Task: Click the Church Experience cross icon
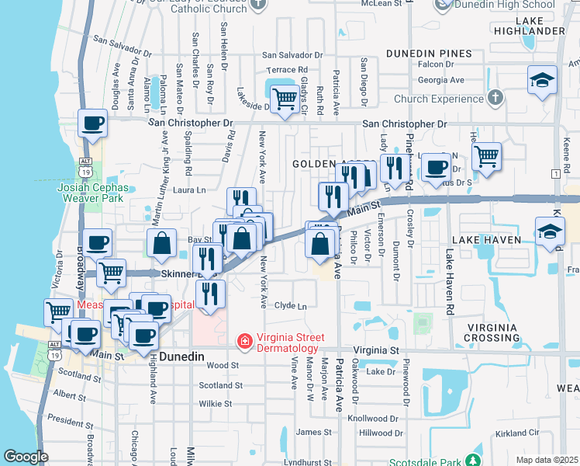click(495, 98)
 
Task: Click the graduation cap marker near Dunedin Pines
click(541, 80)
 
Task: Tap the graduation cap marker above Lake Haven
click(549, 231)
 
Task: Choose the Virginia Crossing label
click(502, 332)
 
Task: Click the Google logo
click(26, 456)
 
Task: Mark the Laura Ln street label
click(189, 189)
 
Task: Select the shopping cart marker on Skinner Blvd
click(112, 273)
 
